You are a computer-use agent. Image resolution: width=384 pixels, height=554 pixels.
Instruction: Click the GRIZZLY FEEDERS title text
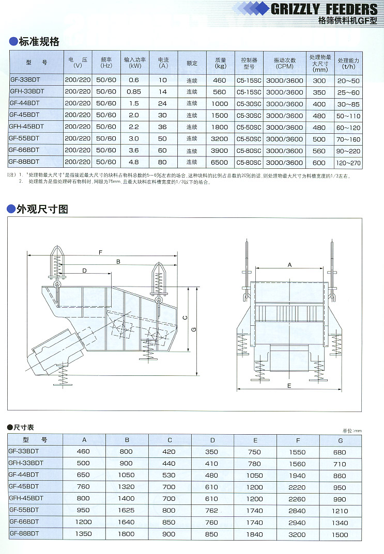coord(324,9)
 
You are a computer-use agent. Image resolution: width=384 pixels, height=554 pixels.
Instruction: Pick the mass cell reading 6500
coord(220,163)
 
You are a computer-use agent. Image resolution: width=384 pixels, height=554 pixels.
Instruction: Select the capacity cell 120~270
coord(348,163)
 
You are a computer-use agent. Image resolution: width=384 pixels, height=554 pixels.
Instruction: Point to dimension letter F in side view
coord(100,251)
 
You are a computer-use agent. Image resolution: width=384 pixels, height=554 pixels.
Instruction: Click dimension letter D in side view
coord(84,270)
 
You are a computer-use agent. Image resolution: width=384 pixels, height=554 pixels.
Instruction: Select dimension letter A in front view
coord(289,264)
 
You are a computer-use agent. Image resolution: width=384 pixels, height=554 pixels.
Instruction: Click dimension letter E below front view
coord(289,386)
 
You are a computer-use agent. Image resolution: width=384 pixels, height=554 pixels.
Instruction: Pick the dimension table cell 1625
coord(127,510)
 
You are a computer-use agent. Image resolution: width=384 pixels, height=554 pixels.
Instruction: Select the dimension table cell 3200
coord(298,534)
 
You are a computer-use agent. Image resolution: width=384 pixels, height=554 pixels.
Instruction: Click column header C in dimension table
coord(170,440)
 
